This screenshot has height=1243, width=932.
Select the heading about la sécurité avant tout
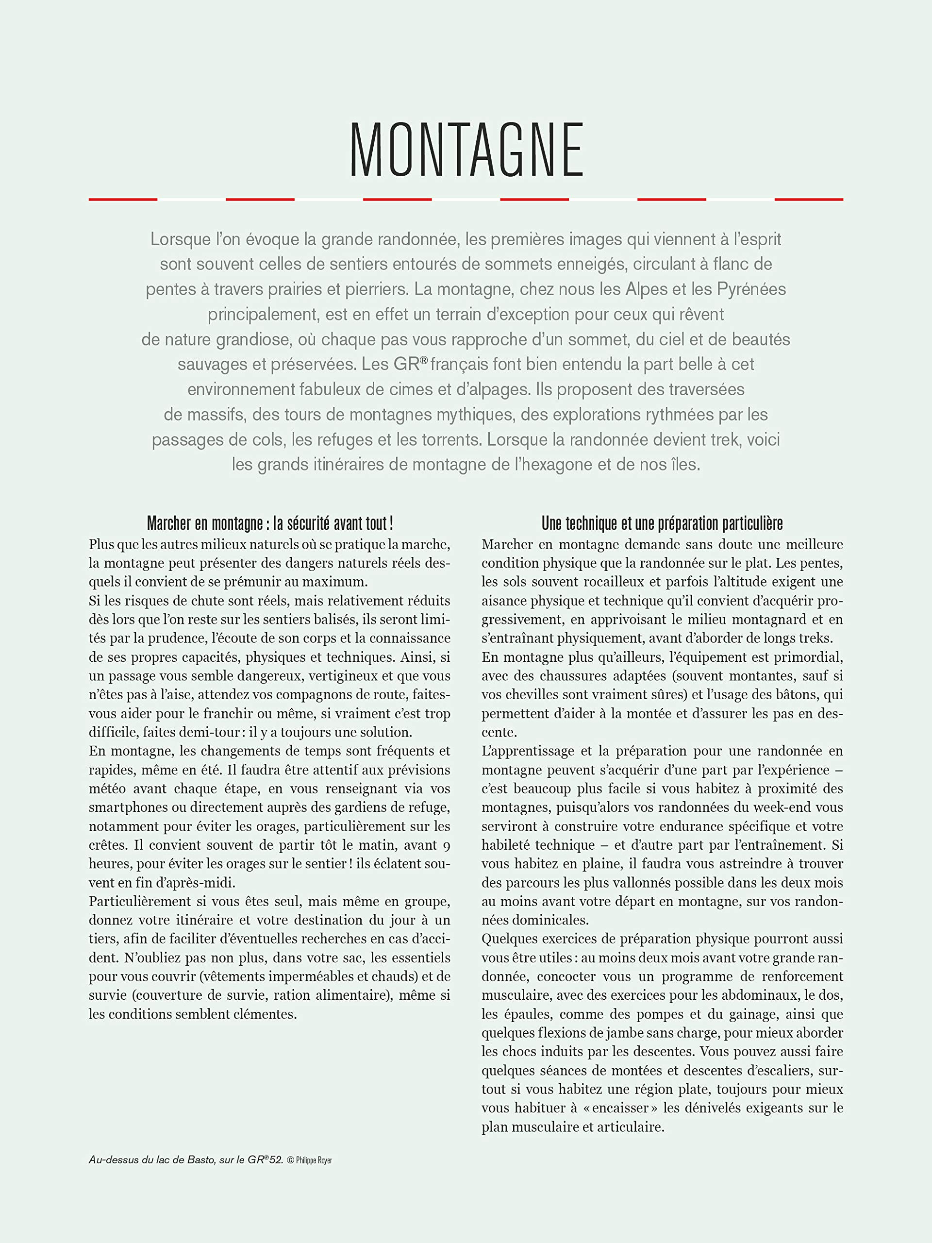coord(270,524)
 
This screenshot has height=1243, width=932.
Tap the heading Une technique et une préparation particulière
coord(662,524)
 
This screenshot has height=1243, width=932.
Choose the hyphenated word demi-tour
coord(208,732)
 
